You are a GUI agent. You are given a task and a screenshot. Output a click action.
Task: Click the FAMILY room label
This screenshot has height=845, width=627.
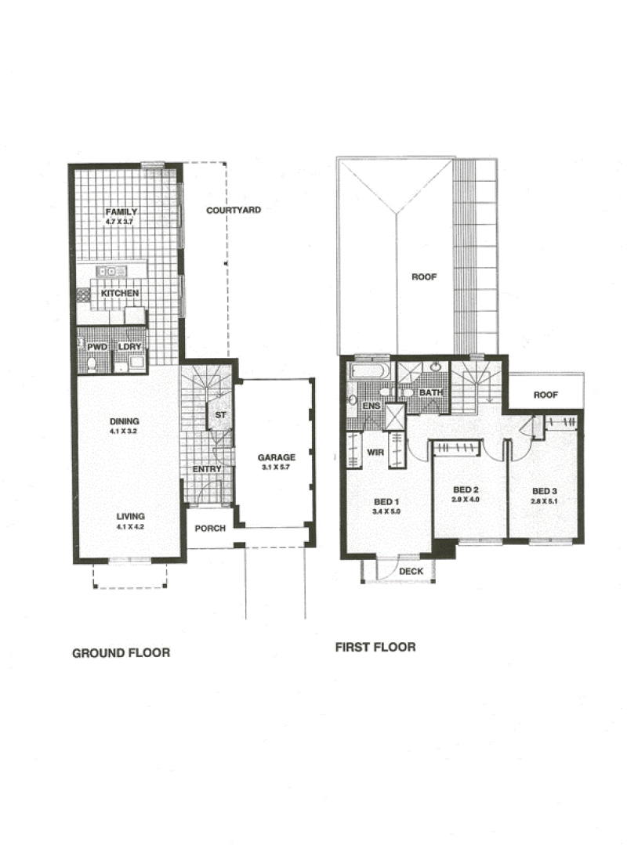pyautogui.click(x=121, y=211)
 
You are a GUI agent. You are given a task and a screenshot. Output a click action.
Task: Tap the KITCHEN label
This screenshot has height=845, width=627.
pyautogui.click(x=120, y=293)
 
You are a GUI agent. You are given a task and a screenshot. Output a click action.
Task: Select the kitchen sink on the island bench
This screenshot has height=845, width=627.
pyautogui.click(x=111, y=271)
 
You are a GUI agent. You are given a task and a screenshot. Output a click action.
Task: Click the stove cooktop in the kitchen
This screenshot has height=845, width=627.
pyautogui.click(x=83, y=294)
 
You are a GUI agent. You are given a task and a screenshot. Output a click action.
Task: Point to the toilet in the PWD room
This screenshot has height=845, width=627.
pyautogui.click(x=92, y=364)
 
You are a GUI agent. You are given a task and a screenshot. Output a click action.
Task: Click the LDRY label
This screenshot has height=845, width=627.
pyautogui.click(x=129, y=346)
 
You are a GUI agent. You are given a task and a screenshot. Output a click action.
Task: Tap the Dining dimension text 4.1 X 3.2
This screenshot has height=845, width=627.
pyautogui.click(x=124, y=432)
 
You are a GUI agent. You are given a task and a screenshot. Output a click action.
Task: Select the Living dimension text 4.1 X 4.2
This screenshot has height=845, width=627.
pyautogui.click(x=130, y=526)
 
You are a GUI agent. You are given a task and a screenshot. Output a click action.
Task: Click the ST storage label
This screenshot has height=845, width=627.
pyautogui.click(x=220, y=415)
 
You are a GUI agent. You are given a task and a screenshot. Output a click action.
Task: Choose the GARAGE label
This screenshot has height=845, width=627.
pyautogui.click(x=276, y=457)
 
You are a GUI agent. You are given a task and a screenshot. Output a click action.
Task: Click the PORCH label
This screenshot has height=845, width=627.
pyautogui.click(x=210, y=528)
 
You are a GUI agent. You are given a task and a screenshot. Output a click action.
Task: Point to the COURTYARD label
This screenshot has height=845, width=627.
pyautogui.click(x=234, y=210)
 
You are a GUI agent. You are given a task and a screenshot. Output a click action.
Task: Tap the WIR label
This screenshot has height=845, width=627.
pyautogui.click(x=375, y=452)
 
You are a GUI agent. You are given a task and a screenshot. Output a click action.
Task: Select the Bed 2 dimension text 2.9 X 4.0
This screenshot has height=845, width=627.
pyautogui.click(x=466, y=500)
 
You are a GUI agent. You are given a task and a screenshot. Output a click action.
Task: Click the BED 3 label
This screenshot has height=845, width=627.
pyautogui.click(x=544, y=491)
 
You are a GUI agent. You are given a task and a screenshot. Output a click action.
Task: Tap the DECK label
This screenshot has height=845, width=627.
pyautogui.click(x=411, y=571)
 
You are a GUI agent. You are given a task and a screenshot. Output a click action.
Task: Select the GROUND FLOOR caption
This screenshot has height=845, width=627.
pyautogui.click(x=121, y=653)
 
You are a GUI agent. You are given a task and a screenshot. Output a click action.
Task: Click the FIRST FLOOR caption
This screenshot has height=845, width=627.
pyautogui.click(x=375, y=647)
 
